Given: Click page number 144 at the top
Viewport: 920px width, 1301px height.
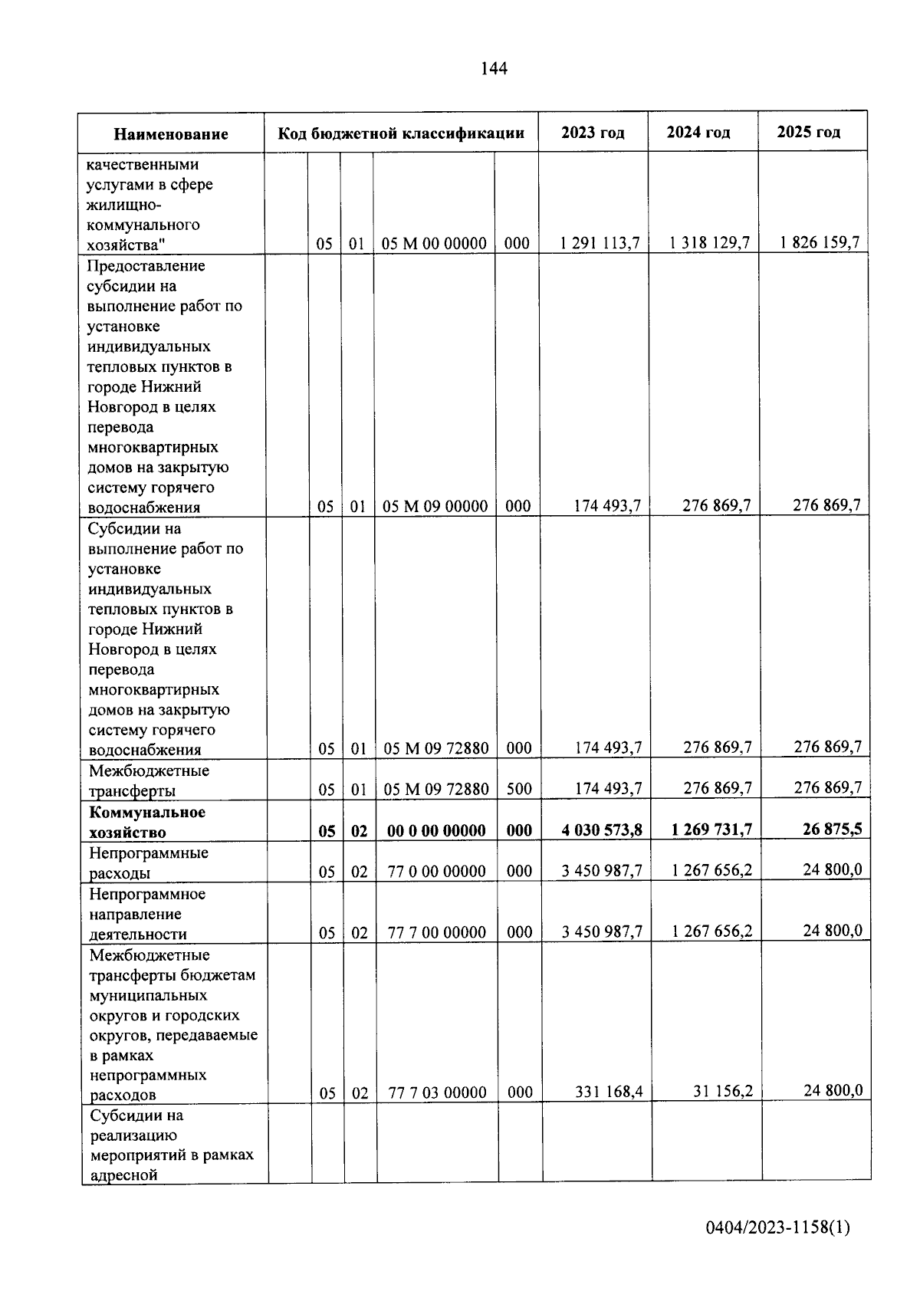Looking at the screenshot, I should coord(494,69).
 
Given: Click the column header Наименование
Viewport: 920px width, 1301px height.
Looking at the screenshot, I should coord(171,134).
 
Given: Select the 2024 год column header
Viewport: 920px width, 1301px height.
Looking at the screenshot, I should coord(698,133).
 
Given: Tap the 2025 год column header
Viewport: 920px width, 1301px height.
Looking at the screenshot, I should coord(808,132).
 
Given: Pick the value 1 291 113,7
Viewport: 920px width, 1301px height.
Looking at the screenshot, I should coord(600,243).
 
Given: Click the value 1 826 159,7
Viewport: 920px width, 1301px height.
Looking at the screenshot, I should coord(820,243).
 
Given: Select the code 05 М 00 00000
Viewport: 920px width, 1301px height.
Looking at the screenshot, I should coord(434,244).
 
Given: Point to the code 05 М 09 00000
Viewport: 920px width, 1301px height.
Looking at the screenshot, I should coord(435,507).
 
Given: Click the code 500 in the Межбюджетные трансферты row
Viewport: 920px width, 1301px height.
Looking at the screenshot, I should coord(519,789).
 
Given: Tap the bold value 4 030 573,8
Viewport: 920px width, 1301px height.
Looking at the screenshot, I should coord(602,830).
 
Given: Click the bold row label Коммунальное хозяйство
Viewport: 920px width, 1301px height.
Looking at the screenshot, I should coord(147,822).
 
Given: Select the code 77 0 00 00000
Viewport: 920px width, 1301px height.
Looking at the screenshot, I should coord(436,872).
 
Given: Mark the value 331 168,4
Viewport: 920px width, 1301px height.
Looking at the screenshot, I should coord(609,1092).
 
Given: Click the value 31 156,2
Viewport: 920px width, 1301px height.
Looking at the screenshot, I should coord(723,1091).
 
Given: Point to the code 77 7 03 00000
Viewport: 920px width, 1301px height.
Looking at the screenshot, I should coord(437,1093).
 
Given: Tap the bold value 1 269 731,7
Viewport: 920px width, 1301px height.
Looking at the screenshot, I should coord(711,830).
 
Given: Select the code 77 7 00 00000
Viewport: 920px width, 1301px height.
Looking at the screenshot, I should coord(436,933).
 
